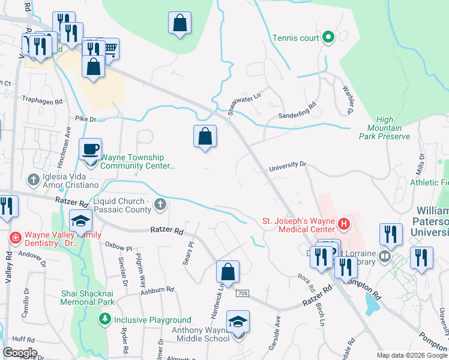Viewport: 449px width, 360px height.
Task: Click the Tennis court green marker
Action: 328,38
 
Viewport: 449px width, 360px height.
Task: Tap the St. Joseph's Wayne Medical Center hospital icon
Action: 343,225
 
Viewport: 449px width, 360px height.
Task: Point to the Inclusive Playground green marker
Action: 106,319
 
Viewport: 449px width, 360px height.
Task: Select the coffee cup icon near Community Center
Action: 90,149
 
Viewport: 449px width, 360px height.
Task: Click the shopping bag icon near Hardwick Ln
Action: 228,272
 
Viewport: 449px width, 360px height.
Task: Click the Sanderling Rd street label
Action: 297,112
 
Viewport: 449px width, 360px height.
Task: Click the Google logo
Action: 20,353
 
